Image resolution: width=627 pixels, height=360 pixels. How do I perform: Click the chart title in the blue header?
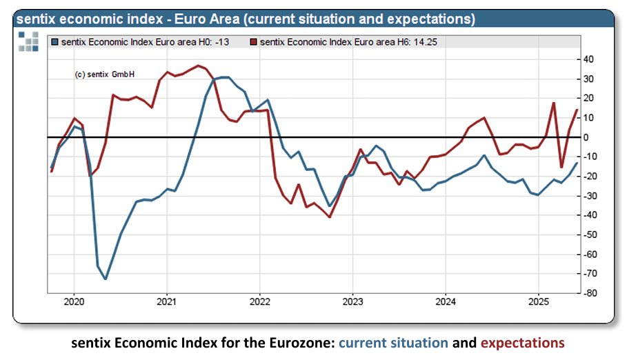click(245, 19)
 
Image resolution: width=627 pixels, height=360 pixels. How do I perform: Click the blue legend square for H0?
click(55, 43)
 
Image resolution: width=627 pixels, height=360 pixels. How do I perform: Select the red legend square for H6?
click(254, 43)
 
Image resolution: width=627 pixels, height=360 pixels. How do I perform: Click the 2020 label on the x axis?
click(73, 301)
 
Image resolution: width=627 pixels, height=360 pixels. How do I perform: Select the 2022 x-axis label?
click(259, 301)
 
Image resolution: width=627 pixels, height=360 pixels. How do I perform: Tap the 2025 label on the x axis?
click(539, 301)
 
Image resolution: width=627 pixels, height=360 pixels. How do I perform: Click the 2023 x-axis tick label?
click(352, 301)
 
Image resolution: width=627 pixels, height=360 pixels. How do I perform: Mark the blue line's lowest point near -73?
click(105, 279)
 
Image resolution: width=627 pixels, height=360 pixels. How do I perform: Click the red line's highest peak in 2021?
click(199, 66)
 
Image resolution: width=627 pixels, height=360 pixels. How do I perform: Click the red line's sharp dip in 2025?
click(561, 167)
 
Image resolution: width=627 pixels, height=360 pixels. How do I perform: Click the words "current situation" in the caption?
click(393, 343)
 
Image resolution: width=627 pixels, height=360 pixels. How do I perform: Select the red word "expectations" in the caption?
click(522, 343)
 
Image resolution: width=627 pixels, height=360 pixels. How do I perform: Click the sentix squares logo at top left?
click(28, 41)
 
